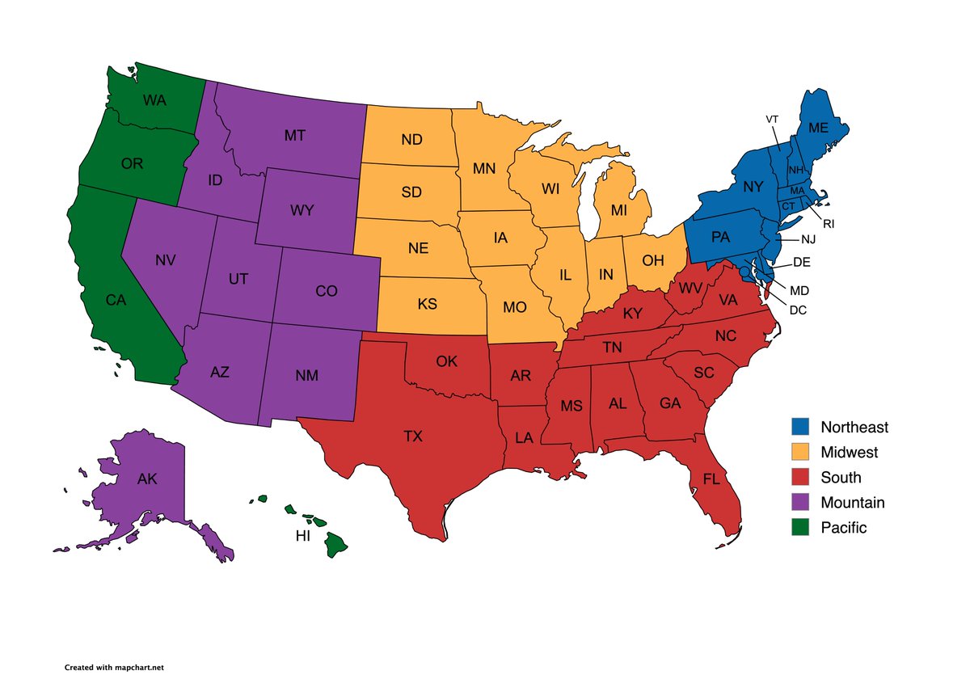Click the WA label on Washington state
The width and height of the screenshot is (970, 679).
pos(155,101)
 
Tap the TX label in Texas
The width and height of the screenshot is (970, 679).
pos(413,436)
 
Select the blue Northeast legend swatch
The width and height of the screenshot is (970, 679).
pos(799,427)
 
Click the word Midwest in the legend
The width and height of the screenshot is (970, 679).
pos(849,453)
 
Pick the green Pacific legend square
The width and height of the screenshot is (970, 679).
pos(799,527)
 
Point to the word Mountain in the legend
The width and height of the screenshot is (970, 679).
pos(852,503)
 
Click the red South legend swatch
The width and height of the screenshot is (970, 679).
pos(799,477)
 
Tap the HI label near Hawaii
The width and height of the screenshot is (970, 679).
pos(303,536)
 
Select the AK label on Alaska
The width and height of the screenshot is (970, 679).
pos(147,479)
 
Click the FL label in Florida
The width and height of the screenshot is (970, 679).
pos(711,479)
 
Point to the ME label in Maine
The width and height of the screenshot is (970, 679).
pos(818,128)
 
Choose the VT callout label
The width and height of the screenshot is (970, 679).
pos(772,120)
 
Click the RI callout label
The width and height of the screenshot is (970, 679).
pos(829,224)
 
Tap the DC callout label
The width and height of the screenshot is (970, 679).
pos(798,310)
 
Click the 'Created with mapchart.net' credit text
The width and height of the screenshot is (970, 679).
pos(115,668)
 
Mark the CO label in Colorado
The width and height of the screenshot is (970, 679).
pos(327,292)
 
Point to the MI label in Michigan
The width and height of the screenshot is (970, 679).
pos(619,210)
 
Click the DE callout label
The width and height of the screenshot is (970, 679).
pos(802,262)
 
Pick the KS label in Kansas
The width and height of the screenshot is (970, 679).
pos(428,306)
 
